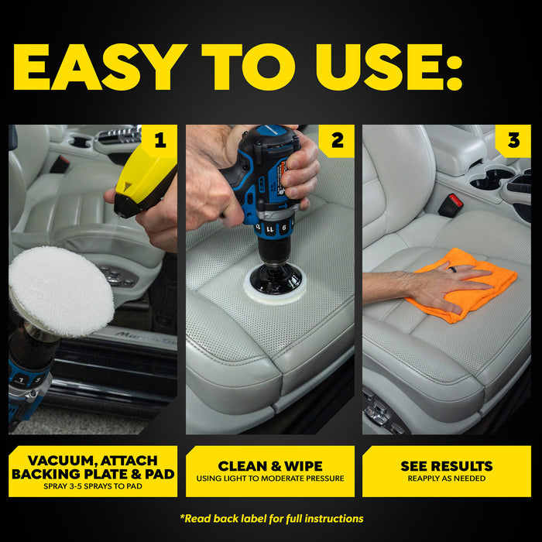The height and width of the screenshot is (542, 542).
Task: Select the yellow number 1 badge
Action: click(x=160, y=140)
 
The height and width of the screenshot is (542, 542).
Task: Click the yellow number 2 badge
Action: click(x=337, y=140)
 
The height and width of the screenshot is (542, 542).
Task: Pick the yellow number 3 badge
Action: click(x=513, y=140)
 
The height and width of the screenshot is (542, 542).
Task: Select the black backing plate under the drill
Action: click(x=276, y=277)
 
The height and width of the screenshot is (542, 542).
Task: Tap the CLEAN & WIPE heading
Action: click(x=269, y=466)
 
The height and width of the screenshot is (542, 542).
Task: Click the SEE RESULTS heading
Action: click(x=446, y=466)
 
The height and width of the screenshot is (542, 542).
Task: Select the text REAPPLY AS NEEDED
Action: click(x=446, y=479)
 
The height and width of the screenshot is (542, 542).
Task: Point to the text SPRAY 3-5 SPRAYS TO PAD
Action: click(x=93, y=487)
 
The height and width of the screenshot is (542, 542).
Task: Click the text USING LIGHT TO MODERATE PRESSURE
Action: click(x=269, y=479)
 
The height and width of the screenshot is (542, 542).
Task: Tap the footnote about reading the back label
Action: click(x=271, y=518)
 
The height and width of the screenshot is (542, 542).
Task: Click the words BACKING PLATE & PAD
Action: click(x=93, y=473)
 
